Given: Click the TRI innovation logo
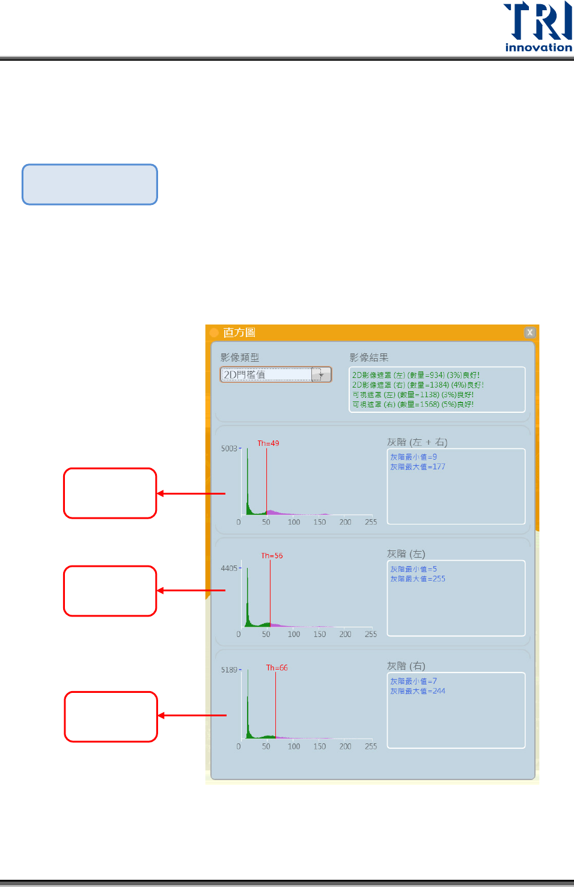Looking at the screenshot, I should [x=538, y=27].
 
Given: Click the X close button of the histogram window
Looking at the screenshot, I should [x=530, y=332].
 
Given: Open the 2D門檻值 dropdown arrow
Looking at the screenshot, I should [x=322, y=375].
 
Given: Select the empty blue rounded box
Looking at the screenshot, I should [x=90, y=184].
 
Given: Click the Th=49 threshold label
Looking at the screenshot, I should [x=268, y=443].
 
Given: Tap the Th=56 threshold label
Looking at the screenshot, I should [x=272, y=556].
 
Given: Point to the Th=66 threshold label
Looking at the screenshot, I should [x=276, y=668].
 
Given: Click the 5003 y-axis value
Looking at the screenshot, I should [x=229, y=448].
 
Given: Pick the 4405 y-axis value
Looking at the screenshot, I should [x=229, y=568].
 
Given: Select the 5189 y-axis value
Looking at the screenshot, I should [x=229, y=669].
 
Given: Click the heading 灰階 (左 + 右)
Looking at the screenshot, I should [x=417, y=442].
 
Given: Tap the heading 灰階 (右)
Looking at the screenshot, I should [x=406, y=666].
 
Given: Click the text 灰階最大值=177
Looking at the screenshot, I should [x=418, y=467].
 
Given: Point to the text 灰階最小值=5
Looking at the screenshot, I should [x=414, y=569].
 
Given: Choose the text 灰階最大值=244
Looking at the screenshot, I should [x=418, y=691].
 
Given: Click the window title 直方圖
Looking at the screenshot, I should [x=239, y=332].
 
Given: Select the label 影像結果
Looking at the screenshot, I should [x=369, y=358].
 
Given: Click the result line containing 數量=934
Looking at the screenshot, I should [x=416, y=375].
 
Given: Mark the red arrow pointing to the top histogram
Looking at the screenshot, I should [x=191, y=493].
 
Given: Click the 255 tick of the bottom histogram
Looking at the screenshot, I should [x=371, y=746].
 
